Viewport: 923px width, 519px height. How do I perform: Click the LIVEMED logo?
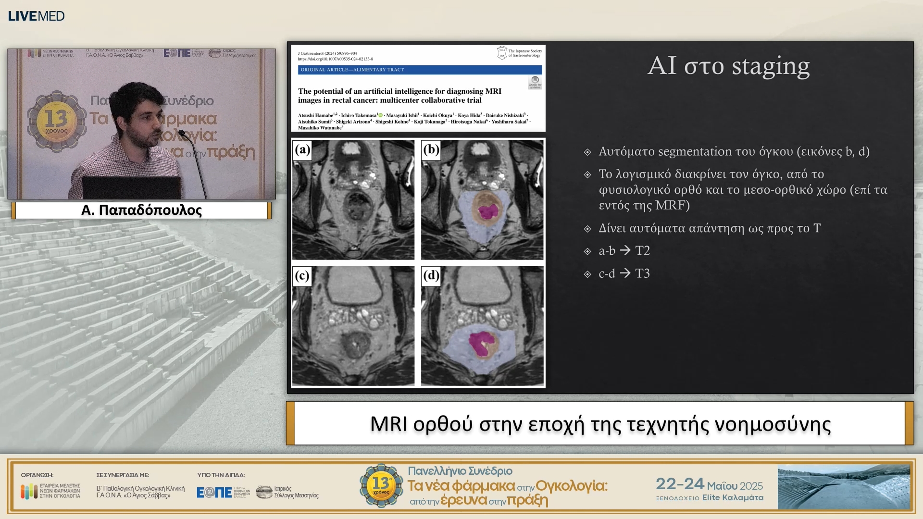coord(36,16)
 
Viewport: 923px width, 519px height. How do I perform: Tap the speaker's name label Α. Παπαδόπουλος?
coord(141,210)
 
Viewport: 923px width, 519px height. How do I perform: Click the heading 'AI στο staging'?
coord(728,66)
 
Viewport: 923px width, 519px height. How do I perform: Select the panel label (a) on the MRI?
coord(302,149)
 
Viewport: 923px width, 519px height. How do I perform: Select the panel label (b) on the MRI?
coord(431,149)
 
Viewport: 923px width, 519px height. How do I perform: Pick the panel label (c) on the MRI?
coord(302,275)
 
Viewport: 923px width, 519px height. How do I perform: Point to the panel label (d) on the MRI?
coord(431,275)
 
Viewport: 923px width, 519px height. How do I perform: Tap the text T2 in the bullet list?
coord(642,250)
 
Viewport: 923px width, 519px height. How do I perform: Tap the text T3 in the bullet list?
coord(642,273)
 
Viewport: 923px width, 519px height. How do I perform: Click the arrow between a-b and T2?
coord(625,250)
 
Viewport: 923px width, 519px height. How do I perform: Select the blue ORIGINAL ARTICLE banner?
coord(419,70)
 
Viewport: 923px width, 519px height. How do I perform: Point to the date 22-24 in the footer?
coord(680,484)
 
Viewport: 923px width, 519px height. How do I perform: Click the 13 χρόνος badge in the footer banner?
coord(381,485)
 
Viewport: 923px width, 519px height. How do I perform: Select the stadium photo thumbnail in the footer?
coord(844,486)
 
